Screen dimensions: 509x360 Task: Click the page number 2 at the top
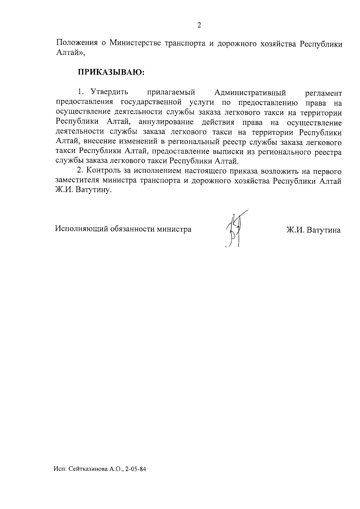(x=199, y=25)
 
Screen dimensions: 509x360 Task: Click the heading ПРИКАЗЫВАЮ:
(x=111, y=72)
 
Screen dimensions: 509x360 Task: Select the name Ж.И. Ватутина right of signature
(x=313, y=230)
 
